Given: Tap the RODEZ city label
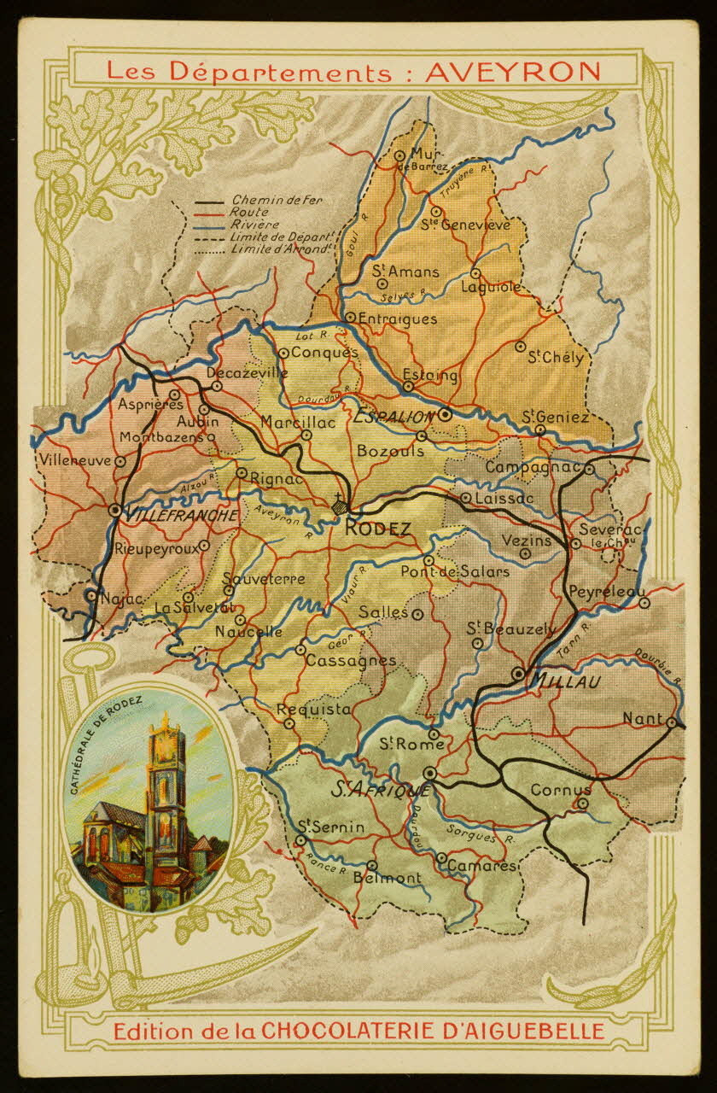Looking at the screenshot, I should click(x=378, y=529).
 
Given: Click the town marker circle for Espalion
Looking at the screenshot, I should click(x=445, y=416).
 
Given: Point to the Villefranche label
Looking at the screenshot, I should click(x=181, y=516).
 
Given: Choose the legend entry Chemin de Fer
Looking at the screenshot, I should click(x=265, y=200).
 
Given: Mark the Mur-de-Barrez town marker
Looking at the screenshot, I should click(x=399, y=155).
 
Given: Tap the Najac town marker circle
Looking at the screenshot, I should click(x=91, y=595).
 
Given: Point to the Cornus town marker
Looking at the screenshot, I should click(x=583, y=804).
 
